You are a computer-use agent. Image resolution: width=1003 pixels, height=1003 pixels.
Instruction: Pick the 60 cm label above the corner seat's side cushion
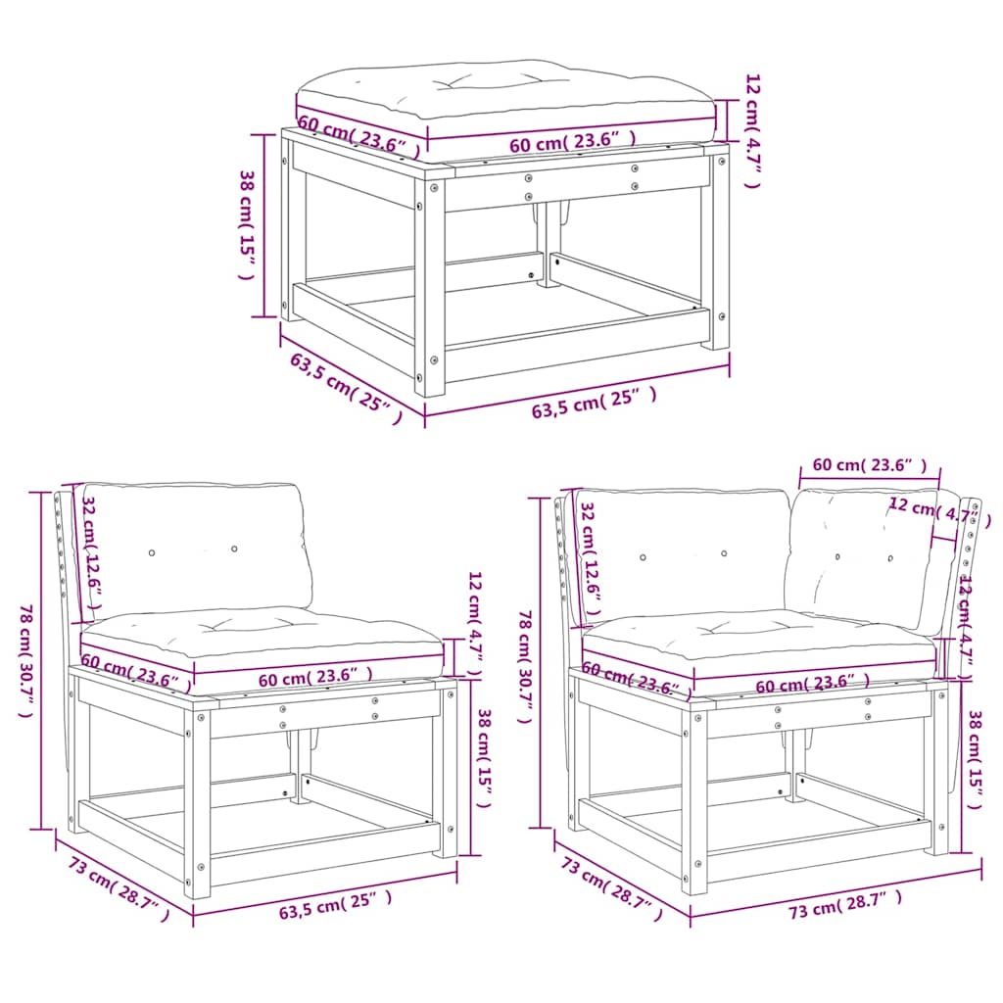pos(868,464)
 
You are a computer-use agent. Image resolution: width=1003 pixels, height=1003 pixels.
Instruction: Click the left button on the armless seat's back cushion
pos(151,553)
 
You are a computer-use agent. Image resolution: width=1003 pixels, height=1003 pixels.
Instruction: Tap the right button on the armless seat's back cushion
pos(234,549)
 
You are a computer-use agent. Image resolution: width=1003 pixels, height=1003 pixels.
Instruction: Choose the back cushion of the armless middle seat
pos(196,544)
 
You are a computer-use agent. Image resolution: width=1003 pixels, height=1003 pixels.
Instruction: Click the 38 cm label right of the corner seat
pos(974,759)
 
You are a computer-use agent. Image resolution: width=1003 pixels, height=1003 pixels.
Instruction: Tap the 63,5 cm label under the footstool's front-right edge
pos(593,403)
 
